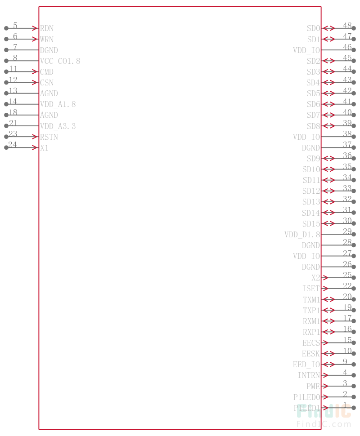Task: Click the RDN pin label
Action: (x=46, y=28)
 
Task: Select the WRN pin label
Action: (x=46, y=39)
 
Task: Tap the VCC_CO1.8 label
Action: (x=60, y=61)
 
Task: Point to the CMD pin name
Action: (x=46, y=72)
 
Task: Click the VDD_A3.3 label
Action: (x=58, y=126)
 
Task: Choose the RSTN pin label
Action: (x=49, y=137)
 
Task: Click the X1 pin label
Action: (x=44, y=148)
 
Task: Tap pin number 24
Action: (x=13, y=145)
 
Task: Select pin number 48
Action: (x=347, y=26)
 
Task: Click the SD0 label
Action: (x=313, y=28)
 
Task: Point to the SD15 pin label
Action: (x=311, y=224)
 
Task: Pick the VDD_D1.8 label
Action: (x=302, y=235)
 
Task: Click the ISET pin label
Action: (x=311, y=289)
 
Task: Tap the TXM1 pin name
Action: (x=311, y=300)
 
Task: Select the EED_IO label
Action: (x=306, y=365)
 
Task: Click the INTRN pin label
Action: (x=309, y=375)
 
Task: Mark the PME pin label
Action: (x=313, y=386)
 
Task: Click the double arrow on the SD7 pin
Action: (x=329, y=115)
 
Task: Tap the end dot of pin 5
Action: (x=6, y=28)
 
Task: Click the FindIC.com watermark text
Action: (x=324, y=424)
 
